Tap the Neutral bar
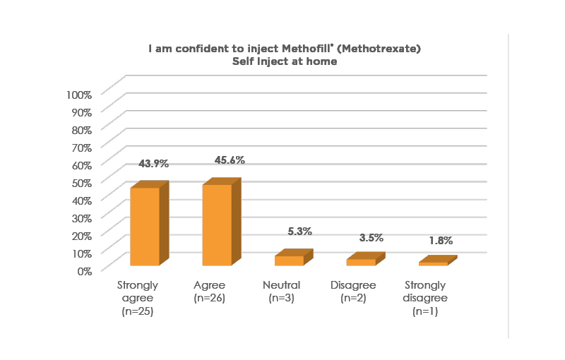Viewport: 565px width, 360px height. [x=289, y=260]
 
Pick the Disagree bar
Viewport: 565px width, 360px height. [x=361, y=262]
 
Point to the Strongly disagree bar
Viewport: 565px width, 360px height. [x=433, y=263]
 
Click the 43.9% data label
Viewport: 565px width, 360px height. [x=153, y=164]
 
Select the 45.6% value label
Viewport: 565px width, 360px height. [x=230, y=160]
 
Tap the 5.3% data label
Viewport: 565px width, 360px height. [x=299, y=232]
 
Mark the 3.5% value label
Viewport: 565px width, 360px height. [x=371, y=238]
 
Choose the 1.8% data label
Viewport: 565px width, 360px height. [x=441, y=241]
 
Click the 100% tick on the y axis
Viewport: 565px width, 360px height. [x=78, y=95]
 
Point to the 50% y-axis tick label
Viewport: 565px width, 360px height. [x=81, y=182]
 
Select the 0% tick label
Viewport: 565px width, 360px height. [x=84, y=270]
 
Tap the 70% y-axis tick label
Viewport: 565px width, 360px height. [x=81, y=148]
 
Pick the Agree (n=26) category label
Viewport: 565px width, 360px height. [x=209, y=292]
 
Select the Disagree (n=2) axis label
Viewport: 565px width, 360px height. [x=353, y=292]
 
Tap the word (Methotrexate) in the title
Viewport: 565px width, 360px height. [x=366, y=49]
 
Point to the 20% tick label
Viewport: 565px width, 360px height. [x=81, y=235]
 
